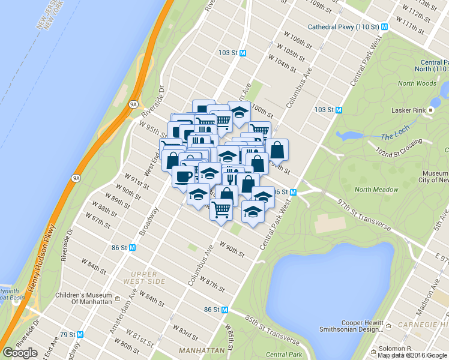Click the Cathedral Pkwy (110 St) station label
pos(343,27)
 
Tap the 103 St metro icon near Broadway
pos(243,53)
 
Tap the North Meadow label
pos(376,190)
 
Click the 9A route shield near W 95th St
pos(133,104)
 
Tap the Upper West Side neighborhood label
pos(144,277)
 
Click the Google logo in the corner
pos(20,353)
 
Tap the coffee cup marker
pos(183,176)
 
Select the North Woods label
pos(417,83)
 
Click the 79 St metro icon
pos(81,334)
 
